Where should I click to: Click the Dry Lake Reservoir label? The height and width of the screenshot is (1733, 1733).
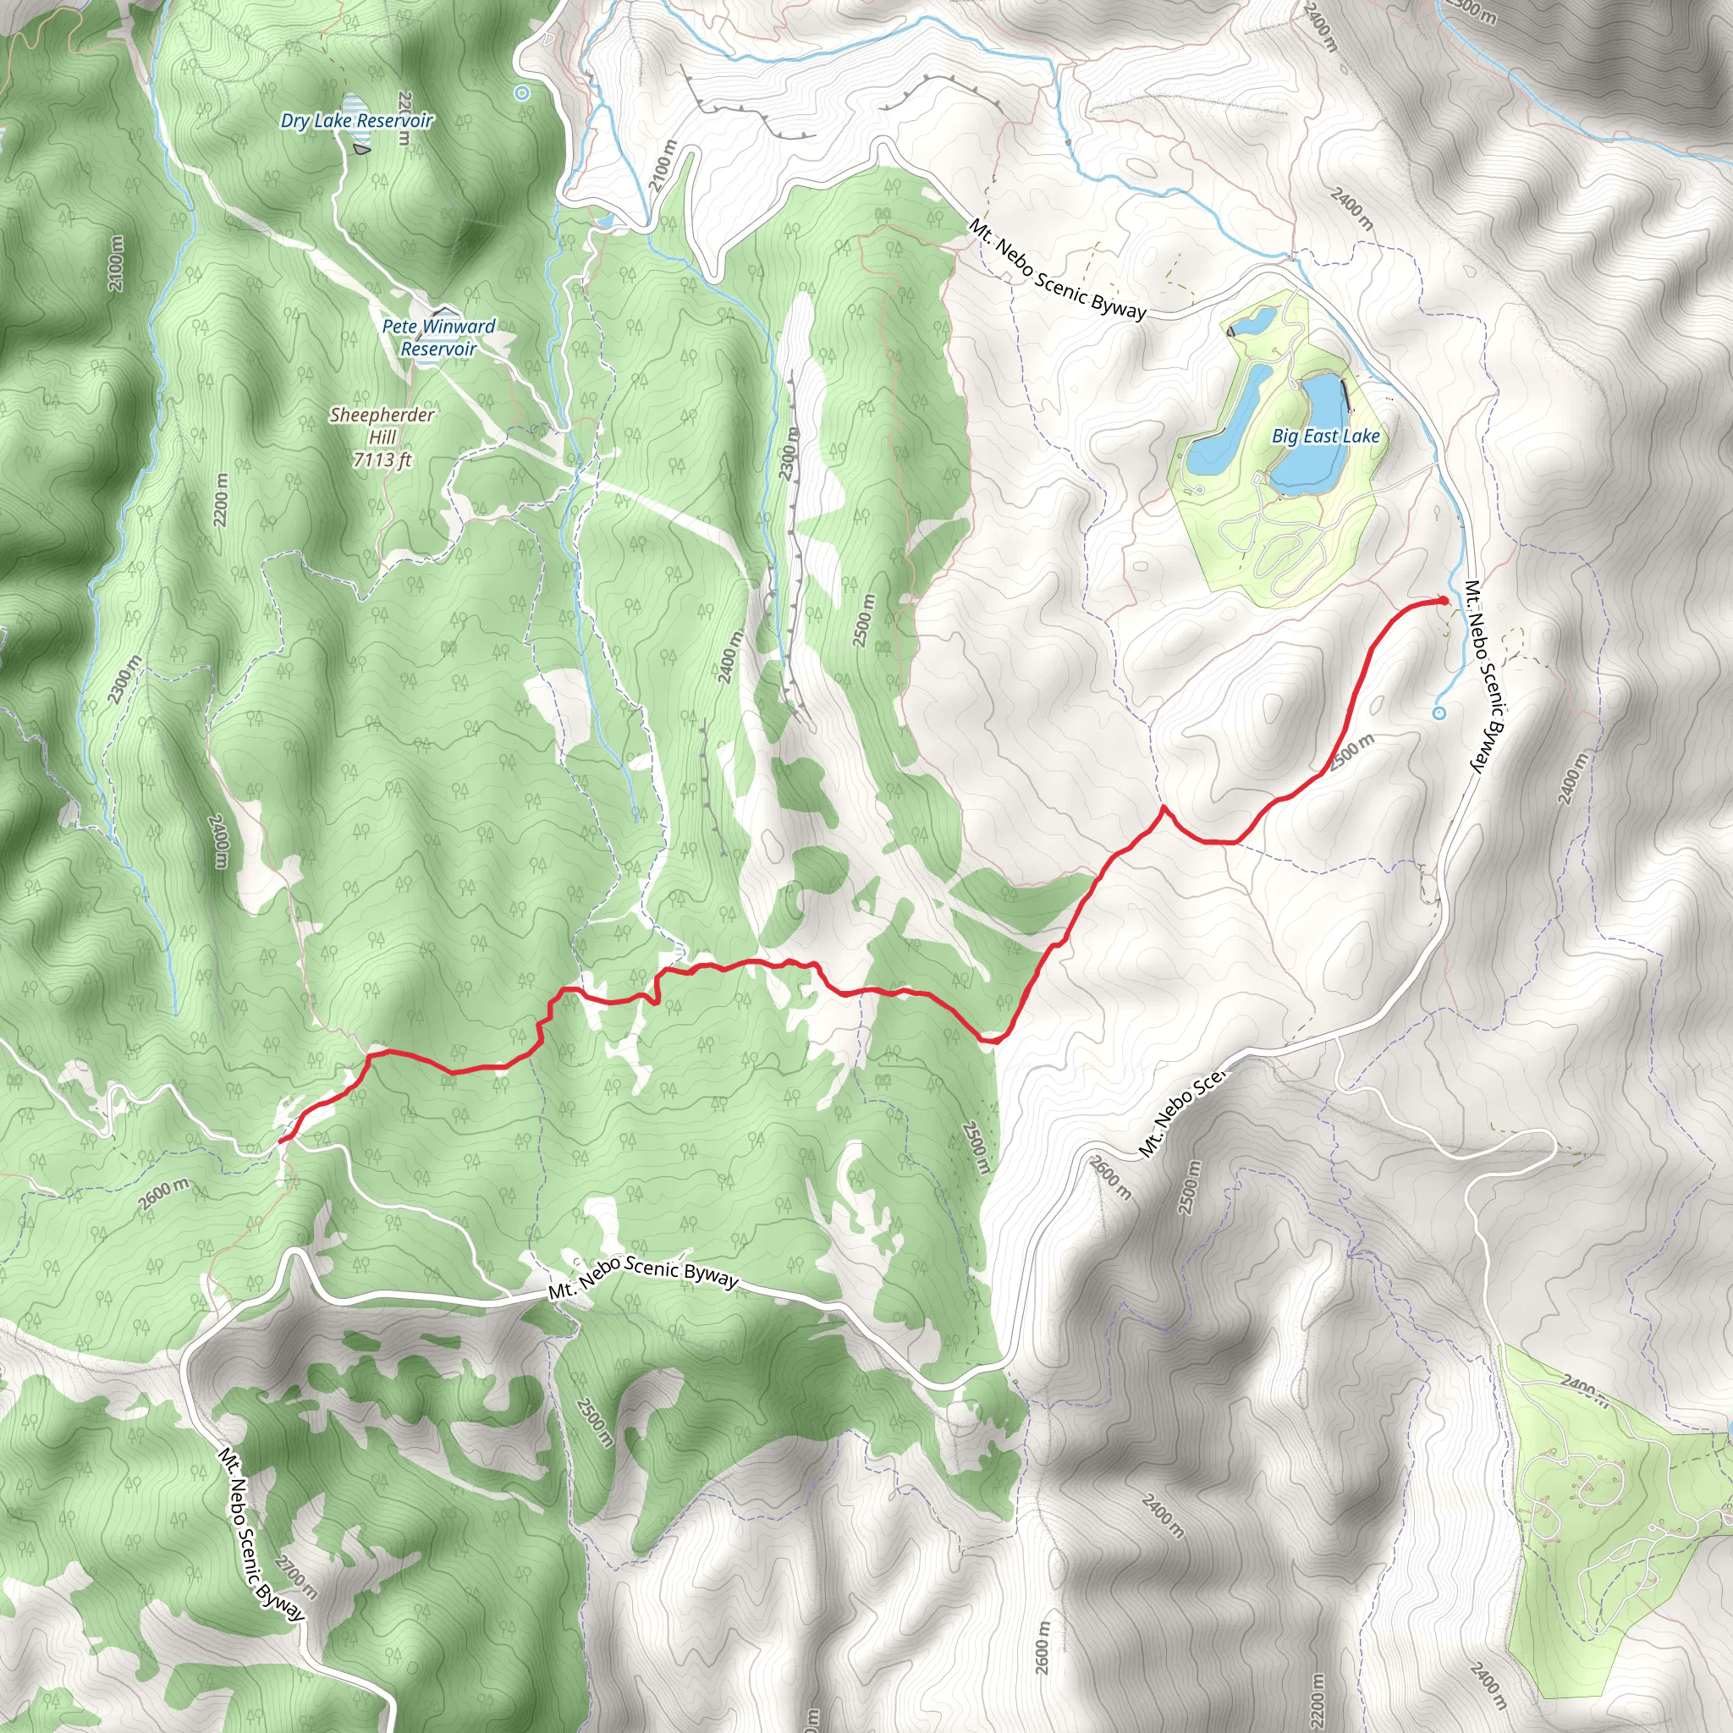point(356,121)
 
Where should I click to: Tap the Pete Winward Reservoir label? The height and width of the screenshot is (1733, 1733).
point(438,338)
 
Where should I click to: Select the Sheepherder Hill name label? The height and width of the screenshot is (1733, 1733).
point(382,426)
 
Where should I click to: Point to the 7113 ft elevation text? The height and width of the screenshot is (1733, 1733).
point(382,460)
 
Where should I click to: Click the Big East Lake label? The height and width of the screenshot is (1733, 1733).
point(1325,437)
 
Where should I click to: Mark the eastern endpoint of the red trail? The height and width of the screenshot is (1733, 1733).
point(1444,600)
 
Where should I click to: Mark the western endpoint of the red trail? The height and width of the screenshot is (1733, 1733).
point(283,1140)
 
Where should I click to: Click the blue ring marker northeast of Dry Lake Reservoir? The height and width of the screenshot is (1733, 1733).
point(522,92)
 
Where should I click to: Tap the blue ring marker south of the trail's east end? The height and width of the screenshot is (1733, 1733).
point(1439,714)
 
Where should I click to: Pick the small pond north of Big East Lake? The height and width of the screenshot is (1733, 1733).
point(1253,320)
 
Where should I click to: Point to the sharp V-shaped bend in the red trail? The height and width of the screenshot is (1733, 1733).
point(1164,808)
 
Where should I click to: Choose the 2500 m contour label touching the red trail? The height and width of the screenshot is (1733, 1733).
point(1353,751)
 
